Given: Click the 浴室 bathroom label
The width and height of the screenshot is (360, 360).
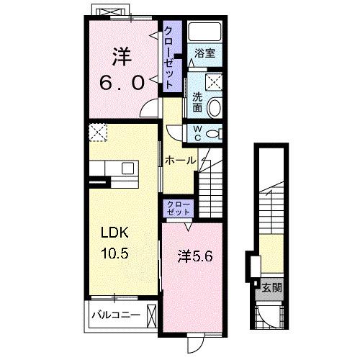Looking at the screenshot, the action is (204, 53).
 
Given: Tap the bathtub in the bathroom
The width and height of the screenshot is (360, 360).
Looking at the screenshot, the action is (204, 32).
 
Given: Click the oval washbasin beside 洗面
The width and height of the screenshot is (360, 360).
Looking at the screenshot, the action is (214, 107).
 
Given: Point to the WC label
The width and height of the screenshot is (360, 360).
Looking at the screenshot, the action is (197, 133).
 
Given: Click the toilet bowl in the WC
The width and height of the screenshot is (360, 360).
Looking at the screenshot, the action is (215, 133).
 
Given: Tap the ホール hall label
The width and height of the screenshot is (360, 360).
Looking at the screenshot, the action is (181, 161).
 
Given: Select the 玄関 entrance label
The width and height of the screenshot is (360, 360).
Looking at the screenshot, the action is (271, 287).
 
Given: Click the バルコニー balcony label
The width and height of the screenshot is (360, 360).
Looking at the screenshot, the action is (116, 315).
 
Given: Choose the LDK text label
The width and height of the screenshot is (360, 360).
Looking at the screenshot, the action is (114, 233).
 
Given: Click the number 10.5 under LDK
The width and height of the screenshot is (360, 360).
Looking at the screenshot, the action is (114, 253).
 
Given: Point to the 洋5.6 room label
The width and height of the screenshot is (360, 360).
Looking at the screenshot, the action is (195, 257).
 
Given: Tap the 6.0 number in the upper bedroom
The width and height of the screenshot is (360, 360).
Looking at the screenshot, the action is (122, 82).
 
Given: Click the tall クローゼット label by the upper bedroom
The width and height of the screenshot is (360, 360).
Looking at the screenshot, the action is (168, 57).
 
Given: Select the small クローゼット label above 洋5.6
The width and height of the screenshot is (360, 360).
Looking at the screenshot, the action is (179, 208).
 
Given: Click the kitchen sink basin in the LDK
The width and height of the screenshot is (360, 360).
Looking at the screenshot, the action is (127, 168).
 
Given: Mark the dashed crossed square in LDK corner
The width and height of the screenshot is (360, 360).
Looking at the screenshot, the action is (98, 132).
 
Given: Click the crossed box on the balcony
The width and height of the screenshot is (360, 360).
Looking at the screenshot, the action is (152, 316).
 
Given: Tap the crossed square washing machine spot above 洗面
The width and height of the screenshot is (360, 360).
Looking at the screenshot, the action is (214, 82).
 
